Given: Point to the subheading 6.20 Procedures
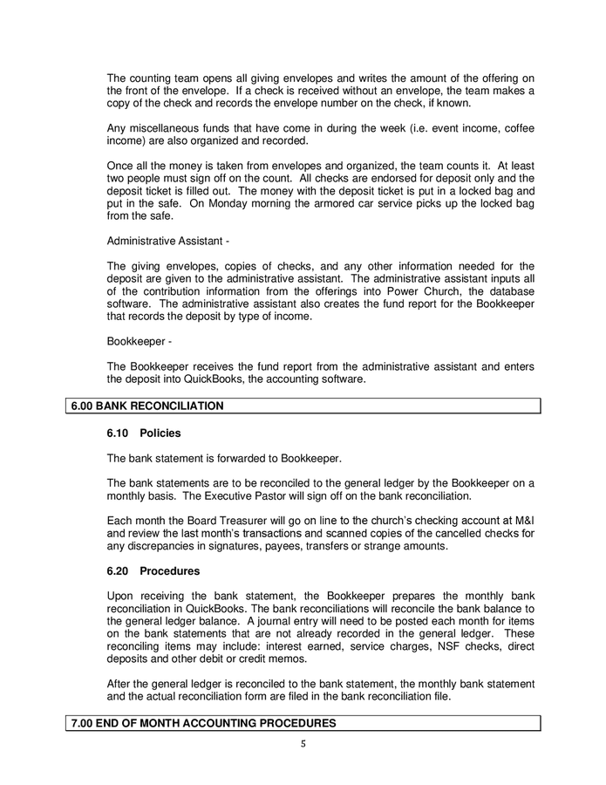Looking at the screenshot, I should (x=153, y=571).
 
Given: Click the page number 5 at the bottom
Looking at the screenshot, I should (x=303, y=744).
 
